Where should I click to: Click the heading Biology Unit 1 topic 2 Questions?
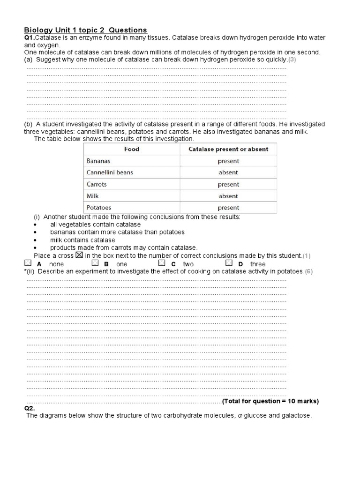[85, 30]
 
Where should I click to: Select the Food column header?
[131, 149]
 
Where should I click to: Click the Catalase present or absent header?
[228, 149]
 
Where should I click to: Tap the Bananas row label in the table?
[98, 161]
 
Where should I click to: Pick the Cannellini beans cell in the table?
[110, 172]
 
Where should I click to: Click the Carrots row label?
[97, 184]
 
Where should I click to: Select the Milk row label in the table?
[93, 196]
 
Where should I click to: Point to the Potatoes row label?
[99, 207]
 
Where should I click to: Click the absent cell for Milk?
[228, 196]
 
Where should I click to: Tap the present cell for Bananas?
[228, 161]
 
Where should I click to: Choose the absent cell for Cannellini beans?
[228, 172]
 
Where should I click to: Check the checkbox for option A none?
[29, 263]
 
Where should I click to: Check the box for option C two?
[162, 263]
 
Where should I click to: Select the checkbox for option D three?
[229, 263]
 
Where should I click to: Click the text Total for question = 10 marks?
[270, 401]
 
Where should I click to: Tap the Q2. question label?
[30, 408]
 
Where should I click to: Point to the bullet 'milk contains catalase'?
[82, 240]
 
